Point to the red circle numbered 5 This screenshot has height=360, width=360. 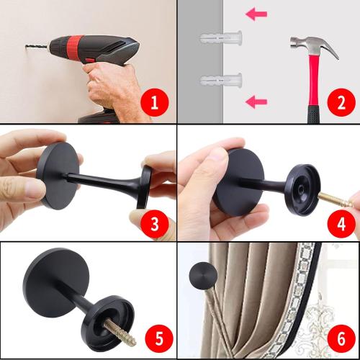point(157,336)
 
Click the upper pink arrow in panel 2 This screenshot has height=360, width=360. point(256,13)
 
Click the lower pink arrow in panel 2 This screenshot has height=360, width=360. point(256,102)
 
